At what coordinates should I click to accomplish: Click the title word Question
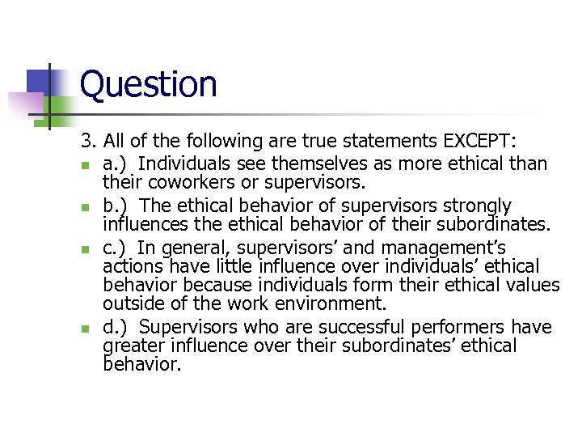tap(149, 84)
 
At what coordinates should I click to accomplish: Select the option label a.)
tap(116, 164)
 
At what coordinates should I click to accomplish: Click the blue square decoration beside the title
tap(40, 81)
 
